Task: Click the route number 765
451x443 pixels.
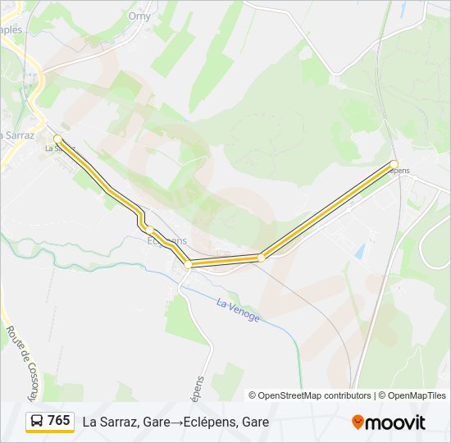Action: coord(58,421)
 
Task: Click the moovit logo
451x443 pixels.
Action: coord(389,422)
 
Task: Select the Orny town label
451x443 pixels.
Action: coord(139,16)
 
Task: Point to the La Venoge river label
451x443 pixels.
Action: coord(238,311)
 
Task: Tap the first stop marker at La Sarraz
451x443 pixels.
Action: coord(57,139)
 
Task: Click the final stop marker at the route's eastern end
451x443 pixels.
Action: coord(394,164)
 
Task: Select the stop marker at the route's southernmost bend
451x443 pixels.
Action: coord(188,264)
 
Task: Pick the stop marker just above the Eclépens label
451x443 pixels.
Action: coord(150,229)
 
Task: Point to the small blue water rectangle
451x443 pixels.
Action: coord(359,251)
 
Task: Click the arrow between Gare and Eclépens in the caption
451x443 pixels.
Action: coord(176,422)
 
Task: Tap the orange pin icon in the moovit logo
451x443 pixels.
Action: coord(358,422)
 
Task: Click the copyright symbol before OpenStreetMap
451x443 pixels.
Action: coord(253,395)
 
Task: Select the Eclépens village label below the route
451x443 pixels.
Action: coord(166,240)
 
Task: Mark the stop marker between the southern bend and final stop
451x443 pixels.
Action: coord(261,258)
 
